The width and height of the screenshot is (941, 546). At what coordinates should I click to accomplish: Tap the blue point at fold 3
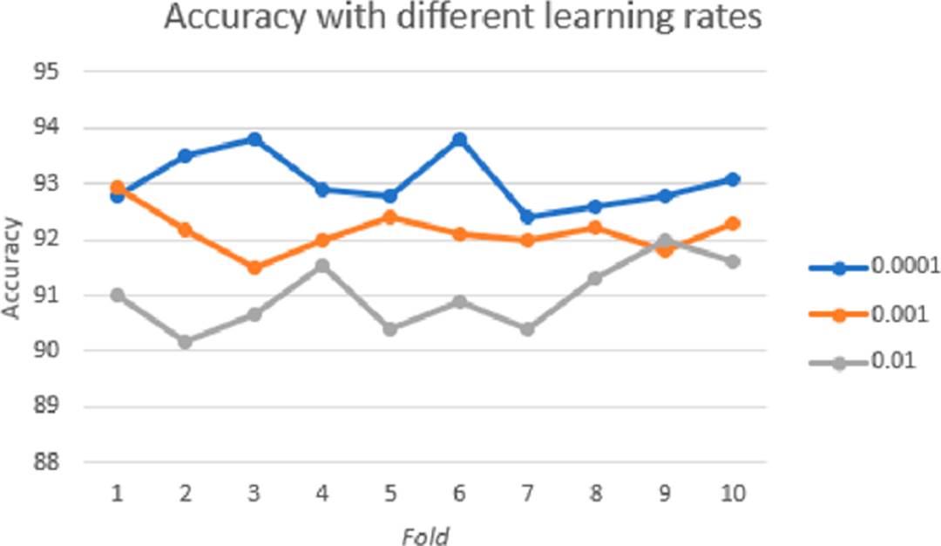[x=254, y=140]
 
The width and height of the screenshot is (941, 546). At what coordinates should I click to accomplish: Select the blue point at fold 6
[x=459, y=140]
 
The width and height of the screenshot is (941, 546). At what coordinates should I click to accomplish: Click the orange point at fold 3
[x=254, y=268]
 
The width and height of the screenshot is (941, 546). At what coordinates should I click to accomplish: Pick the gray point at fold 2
[x=185, y=342]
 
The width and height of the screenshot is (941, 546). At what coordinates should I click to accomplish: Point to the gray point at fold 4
[x=322, y=265]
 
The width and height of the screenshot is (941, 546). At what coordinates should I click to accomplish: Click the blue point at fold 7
[x=527, y=217]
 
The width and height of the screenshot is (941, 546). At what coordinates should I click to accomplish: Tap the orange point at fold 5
[x=390, y=217]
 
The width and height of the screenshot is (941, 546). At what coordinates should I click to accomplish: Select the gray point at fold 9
[x=664, y=240]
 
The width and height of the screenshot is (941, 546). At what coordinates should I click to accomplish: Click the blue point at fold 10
[x=733, y=179]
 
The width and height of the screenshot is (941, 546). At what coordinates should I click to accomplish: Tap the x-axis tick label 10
[x=733, y=495]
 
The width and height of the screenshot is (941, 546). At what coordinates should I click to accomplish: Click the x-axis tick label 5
[x=390, y=495]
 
